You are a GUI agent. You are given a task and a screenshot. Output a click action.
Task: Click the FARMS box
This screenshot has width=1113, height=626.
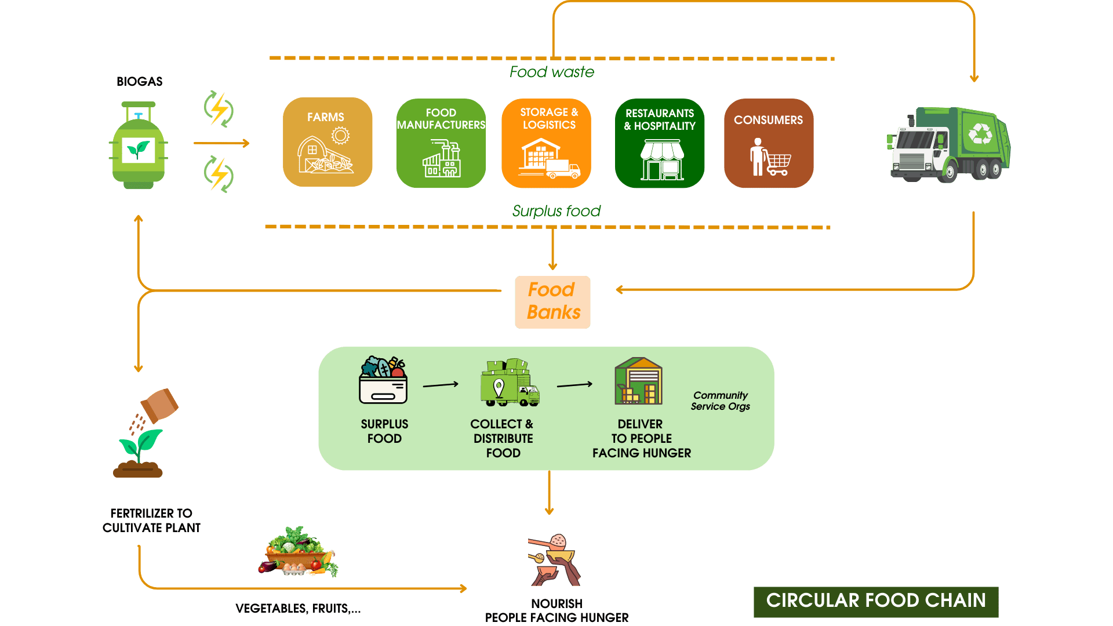[328, 142]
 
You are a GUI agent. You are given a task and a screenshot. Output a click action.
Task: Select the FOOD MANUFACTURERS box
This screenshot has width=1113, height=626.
[441, 143]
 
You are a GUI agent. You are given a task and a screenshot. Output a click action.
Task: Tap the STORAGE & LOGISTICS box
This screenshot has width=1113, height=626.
[546, 143]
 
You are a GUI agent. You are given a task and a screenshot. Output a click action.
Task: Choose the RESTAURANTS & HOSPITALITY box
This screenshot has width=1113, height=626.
[660, 143]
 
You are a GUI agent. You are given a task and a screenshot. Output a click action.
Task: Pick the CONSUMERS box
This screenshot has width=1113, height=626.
[768, 143]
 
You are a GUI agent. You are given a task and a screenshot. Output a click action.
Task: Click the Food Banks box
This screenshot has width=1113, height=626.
[552, 302]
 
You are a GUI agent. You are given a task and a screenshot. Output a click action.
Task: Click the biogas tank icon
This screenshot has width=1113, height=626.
[139, 146]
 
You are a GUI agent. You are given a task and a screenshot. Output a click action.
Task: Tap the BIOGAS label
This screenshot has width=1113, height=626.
[139, 82]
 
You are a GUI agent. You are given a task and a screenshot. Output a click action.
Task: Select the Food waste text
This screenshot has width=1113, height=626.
[552, 72]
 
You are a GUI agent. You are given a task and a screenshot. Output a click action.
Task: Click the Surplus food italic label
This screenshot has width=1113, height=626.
[556, 211]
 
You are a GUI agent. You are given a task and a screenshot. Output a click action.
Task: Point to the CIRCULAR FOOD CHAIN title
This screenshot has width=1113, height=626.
[875, 601]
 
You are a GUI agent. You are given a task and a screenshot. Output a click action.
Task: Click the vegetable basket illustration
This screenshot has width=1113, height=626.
[298, 552]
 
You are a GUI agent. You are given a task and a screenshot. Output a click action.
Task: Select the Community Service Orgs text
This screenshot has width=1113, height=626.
[720, 401]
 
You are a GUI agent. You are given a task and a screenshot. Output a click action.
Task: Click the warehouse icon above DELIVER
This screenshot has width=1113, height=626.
[638, 381]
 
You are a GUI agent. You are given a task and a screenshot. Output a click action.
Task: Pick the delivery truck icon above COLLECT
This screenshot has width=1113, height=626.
[510, 383]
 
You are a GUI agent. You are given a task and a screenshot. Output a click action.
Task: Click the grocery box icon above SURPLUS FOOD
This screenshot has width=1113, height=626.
[383, 380]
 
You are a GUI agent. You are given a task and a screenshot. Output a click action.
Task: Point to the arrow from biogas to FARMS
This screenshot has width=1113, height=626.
[221, 143]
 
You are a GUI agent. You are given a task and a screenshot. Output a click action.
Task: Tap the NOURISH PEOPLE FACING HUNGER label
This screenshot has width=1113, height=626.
[556, 611]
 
